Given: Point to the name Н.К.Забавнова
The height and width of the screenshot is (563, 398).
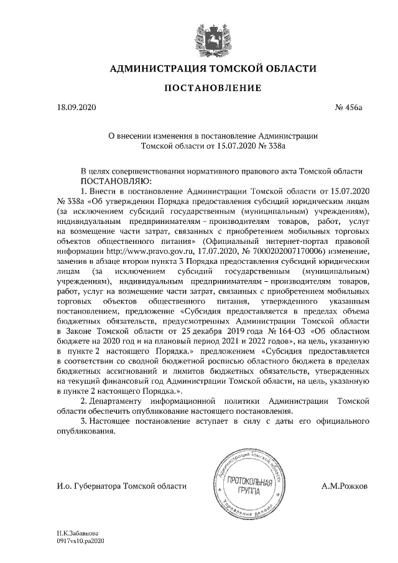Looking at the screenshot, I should [76, 534].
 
